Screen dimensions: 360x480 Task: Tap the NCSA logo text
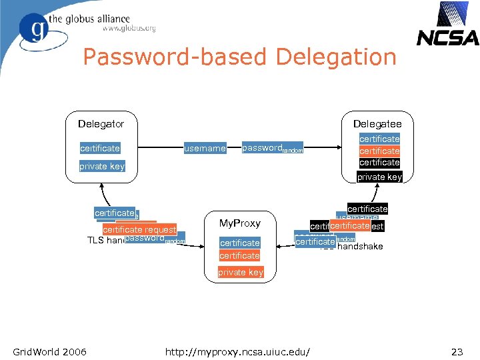(x=447, y=39)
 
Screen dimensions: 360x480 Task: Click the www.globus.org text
(x=129, y=28)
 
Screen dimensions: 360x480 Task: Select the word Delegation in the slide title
(x=335, y=57)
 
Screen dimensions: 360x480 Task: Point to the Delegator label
(x=101, y=123)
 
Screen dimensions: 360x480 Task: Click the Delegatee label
(x=377, y=123)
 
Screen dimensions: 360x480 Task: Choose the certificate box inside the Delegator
(x=100, y=148)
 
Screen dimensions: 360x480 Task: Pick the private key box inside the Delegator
(x=102, y=166)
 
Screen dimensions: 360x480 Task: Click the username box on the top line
(x=205, y=149)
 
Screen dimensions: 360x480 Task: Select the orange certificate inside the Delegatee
(x=379, y=151)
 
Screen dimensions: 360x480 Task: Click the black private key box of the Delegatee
(x=379, y=177)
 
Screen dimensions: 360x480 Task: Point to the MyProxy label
(x=239, y=223)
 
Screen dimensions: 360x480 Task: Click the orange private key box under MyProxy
(x=240, y=272)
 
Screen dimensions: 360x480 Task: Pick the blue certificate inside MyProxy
(x=239, y=243)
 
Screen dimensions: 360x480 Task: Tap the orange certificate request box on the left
(x=139, y=229)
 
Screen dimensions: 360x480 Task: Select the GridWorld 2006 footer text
(x=49, y=351)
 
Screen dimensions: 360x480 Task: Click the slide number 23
(x=457, y=351)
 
